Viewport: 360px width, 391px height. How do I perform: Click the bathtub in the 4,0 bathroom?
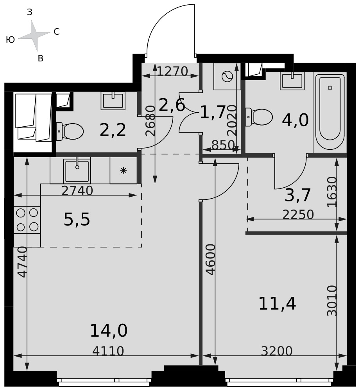tap(330, 112)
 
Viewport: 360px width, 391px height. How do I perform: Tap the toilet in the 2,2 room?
tap(70, 131)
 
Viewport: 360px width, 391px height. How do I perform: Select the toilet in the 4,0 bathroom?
tap(259, 117)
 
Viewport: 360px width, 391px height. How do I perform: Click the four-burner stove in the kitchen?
tap(27, 220)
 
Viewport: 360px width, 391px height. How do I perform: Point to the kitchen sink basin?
tap(77, 171)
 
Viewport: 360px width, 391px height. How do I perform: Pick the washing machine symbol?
tap(227, 76)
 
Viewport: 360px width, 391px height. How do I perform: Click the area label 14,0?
tap(108, 331)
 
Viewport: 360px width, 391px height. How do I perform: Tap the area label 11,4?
tap(277, 304)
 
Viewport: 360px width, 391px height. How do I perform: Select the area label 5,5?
tap(77, 220)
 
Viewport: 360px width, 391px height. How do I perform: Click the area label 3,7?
tap(297, 195)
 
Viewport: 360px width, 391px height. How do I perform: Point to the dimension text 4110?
tap(108, 351)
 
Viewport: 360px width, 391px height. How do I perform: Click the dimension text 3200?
tap(277, 351)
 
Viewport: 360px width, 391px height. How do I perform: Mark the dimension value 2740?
tap(77, 191)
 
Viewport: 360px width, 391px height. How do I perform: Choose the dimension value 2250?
tap(298, 214)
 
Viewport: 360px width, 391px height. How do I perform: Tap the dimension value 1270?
tap(172, 71)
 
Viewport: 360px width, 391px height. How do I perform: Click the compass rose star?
tap(34, 36)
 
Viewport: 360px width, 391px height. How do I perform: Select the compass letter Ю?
tap(10, 39)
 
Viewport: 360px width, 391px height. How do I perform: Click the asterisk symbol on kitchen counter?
tap(124, 170)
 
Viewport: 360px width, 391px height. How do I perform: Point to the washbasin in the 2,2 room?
tap(113, 101)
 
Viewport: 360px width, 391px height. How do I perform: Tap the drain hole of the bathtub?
tap(330, 88)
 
